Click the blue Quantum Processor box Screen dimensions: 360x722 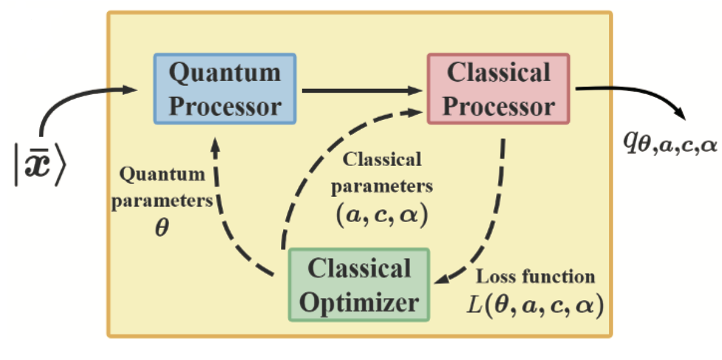click(225, 88)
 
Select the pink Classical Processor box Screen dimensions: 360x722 click(498, 88)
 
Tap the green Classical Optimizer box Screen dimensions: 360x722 click(359, 284)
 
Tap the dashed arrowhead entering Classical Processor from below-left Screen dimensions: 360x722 click(416, 111)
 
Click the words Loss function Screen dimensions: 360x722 click(535, 278)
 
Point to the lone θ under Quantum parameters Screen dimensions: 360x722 click(162, 231)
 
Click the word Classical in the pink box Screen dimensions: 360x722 click(498, 73)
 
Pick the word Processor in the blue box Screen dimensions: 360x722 click(225, 106)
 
